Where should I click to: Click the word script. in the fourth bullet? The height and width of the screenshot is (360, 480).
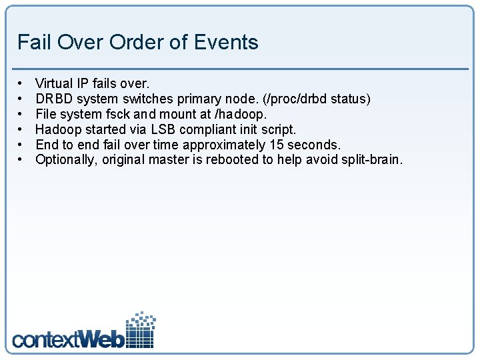coord(277,129)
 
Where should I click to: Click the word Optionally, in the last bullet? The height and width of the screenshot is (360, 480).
coord(67,159)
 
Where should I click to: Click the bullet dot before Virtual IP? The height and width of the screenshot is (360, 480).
coord(21,83)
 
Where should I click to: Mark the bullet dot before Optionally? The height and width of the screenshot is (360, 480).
coord(21,159)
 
